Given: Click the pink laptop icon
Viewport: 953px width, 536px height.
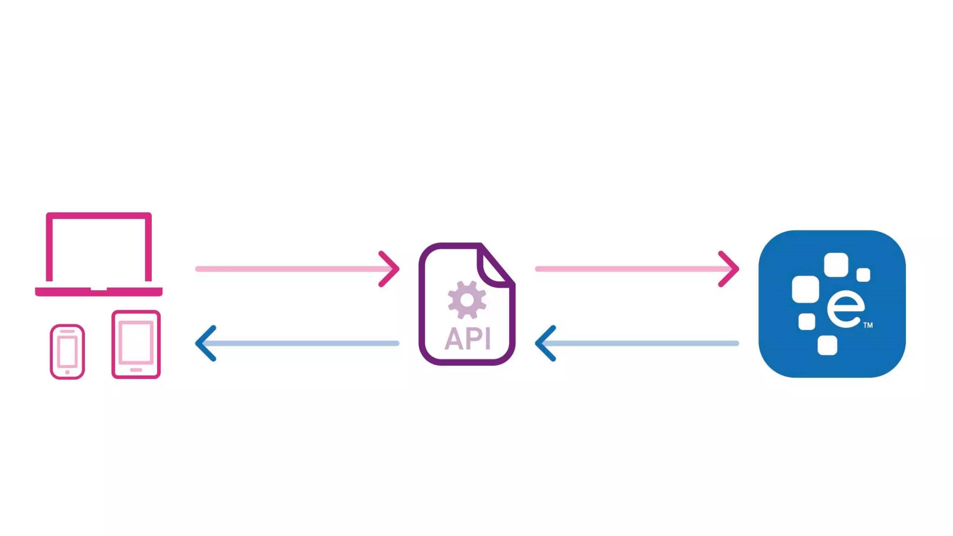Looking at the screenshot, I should pyautogui.click(x=99, y=254).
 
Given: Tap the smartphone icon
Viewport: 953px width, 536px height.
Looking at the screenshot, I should pyautogui.click(x=67, y=352).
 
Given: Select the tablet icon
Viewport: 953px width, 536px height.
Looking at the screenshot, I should pyautogui.click(x=136, y=344).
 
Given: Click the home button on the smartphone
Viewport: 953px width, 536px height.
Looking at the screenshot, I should pyautogui.click(x=67, y=372).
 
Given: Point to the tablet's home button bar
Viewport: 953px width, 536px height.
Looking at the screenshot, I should pyautogui.click(x=136, y=370).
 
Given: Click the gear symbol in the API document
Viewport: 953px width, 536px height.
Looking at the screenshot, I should pyautogui.click(x=467, y=300).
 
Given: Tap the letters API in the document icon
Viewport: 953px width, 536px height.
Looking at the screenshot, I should pyautogui.click(x=467, y=339).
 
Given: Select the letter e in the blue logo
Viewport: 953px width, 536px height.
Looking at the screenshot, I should pyautogui.click(x=846, y=309).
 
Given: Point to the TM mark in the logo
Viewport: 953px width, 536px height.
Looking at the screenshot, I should pyautogui.click(x=868, y=325).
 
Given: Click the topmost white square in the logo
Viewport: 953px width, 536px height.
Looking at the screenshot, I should pyautogui.click(x=836, y=265).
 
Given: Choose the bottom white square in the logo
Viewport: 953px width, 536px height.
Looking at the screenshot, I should pyautogui.click(x=827, y=345).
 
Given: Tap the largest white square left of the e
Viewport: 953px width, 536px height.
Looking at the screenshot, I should pyautogui.click(x=805, y=289).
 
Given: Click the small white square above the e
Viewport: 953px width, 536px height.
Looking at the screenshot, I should pyautogui.click(x=863, y=275).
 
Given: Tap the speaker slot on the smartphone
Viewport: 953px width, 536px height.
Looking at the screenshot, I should pyautogui.click(x=67, y=332).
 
